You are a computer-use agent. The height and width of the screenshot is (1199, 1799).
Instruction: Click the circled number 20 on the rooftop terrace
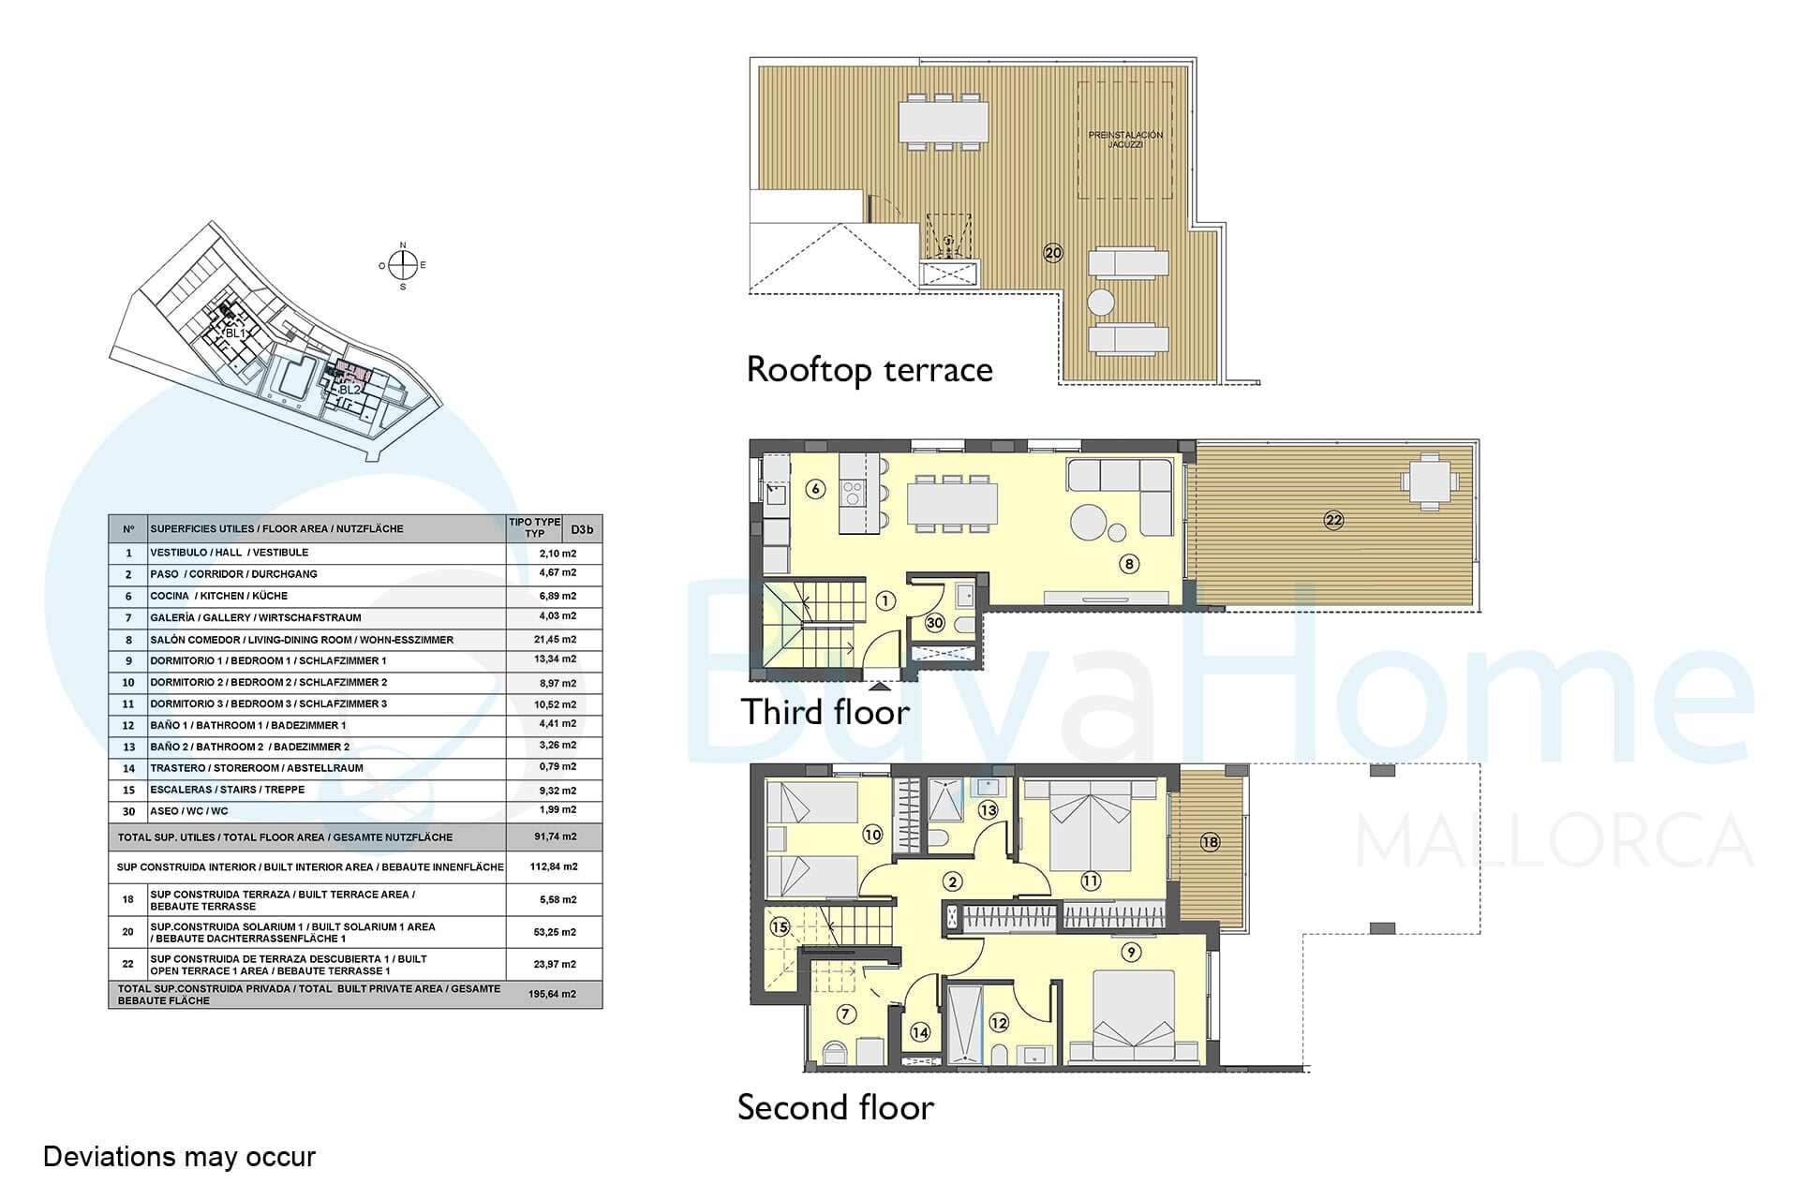tap(1053, 253)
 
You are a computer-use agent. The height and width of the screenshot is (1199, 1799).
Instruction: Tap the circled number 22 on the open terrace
tap(1333, 520)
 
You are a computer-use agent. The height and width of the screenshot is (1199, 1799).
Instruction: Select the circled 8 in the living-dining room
tap(1129, 564)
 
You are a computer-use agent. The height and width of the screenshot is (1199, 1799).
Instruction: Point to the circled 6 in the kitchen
tap(816, 489)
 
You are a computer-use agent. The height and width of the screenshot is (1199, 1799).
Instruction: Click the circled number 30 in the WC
tap(934, 623)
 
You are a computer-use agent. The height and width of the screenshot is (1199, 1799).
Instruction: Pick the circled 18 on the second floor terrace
tap(1210, 842)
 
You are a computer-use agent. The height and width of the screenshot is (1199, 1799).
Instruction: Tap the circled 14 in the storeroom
tap(920, 1032)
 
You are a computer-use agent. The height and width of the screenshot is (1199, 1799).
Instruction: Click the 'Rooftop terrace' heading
tap(870, 370)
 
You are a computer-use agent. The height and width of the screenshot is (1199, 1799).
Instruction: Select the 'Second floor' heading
tap(836, 1107)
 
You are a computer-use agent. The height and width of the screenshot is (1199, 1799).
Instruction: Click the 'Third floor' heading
tap(825, 712)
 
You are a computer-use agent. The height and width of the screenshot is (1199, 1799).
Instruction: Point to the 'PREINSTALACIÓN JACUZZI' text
tap(1125, 140)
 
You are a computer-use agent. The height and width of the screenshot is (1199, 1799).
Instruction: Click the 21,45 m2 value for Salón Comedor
tap(558, 640)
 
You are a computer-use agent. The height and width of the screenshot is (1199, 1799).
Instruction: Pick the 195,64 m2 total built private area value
tap(552, 994)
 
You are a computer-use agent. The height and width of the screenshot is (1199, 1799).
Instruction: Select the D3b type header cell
tap(582, 529)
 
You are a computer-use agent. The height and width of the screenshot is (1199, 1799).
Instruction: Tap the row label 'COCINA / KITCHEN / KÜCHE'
tap(219, 596)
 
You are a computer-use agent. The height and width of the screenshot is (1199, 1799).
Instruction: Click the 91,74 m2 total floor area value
tap(555, 836)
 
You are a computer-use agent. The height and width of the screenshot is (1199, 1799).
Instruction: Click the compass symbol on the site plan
tap(403, 266)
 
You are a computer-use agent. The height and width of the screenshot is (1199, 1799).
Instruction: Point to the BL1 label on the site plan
tap(235, 333)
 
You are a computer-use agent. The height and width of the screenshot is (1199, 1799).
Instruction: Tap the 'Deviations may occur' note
tap(179, 1157)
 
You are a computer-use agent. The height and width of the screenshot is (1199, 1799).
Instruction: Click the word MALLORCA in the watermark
tap(1554, 841)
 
